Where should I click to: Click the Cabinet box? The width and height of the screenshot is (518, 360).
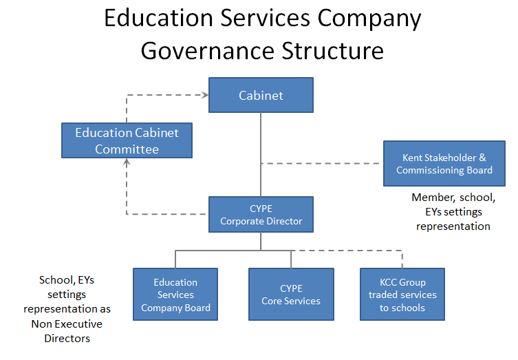coord(261,95)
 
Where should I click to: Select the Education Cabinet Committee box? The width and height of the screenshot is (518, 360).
coord(127,140)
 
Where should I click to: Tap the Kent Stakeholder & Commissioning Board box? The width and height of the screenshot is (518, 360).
coord(444,164)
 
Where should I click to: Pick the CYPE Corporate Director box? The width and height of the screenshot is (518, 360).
coord(261,215)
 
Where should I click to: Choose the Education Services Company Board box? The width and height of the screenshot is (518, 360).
coord(175,294)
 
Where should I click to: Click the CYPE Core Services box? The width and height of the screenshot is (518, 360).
coord(291,294)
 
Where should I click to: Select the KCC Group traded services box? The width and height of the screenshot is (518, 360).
coord(402,294)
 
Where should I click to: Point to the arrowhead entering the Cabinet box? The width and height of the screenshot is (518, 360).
coord(206,95)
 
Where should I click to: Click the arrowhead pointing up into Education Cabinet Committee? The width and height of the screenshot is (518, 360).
coord(127,162)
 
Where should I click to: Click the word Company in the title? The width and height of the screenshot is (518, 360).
coord(369,19)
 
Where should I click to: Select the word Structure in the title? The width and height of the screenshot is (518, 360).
coord(333,51)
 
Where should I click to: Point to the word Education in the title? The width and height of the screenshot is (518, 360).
coord(159,18)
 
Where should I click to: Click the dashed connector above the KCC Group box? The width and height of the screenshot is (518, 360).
coord(347,251)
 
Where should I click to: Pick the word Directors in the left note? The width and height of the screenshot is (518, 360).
coord(67,339)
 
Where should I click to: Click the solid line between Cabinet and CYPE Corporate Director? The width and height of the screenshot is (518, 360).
coord(261,155)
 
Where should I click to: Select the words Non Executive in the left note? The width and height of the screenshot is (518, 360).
coord(67,324)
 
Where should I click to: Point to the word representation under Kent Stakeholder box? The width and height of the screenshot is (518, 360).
coord(453,226)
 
